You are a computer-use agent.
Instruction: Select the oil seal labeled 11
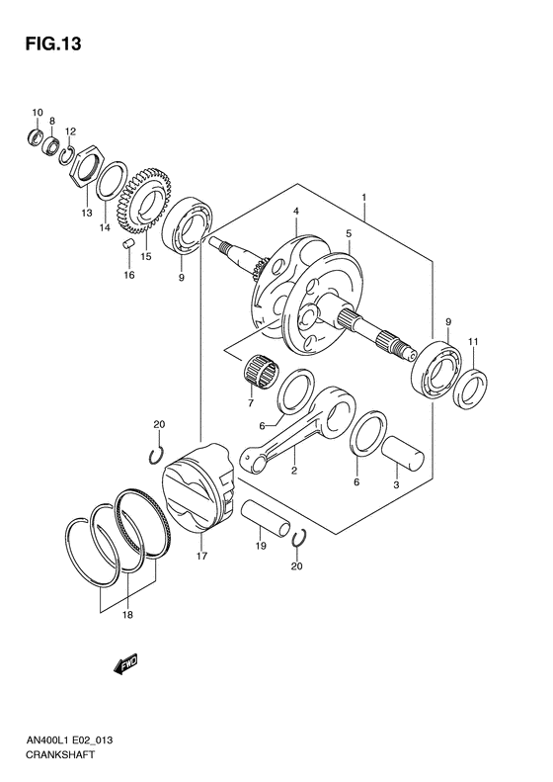469,388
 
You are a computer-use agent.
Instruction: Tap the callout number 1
364,198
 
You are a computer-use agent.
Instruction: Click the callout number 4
295,211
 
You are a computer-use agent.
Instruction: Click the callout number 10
37,111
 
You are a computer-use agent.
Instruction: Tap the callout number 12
70,130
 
